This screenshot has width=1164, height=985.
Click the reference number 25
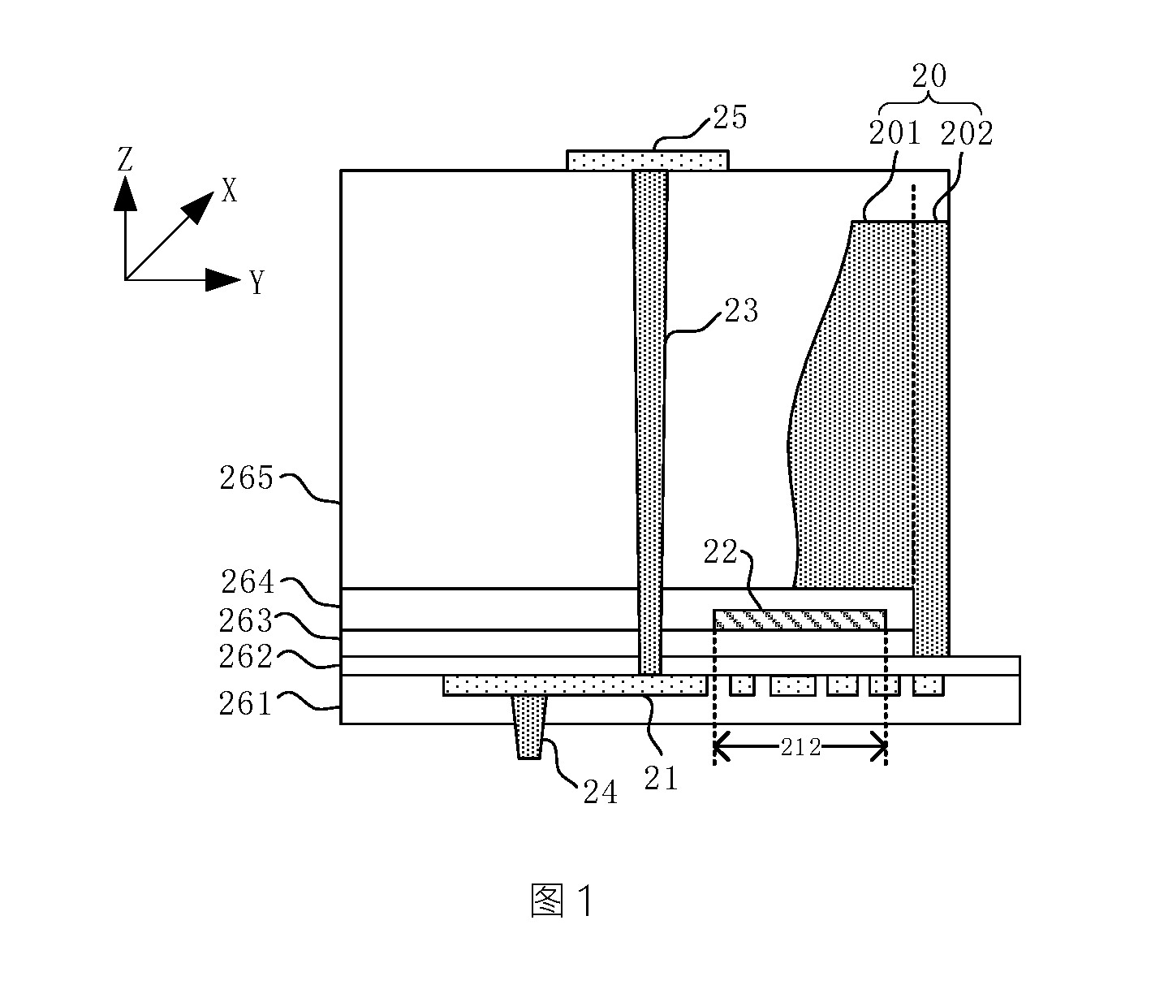coord(730,118)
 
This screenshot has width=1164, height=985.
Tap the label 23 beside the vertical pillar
coord(741,310)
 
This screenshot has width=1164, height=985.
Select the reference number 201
coord(895,133)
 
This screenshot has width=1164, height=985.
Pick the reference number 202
coord(966,133)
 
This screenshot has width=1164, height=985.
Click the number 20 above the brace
coord(929,76)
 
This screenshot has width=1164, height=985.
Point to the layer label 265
coord(246,478)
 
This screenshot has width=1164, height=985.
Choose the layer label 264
coord(248,581)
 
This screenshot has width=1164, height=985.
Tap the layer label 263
coord(245,620)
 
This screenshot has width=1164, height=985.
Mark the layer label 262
coord(245,656)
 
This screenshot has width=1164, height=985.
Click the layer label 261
coord(245,704)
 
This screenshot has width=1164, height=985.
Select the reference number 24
coord(601,793)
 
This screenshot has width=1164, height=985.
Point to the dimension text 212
coord(800,748)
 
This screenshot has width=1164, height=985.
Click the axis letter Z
coord(125,159)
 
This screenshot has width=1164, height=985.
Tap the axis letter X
coord(229,191)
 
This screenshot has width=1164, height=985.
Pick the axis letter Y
coord(257,283)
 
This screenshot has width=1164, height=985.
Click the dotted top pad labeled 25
coord(648,161)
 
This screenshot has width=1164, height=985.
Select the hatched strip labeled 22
coord(800,620)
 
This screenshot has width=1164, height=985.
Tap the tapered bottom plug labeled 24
coord(529,727)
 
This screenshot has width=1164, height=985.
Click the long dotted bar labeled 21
coord(575,685)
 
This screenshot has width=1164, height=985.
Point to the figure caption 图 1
coord(563,901)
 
